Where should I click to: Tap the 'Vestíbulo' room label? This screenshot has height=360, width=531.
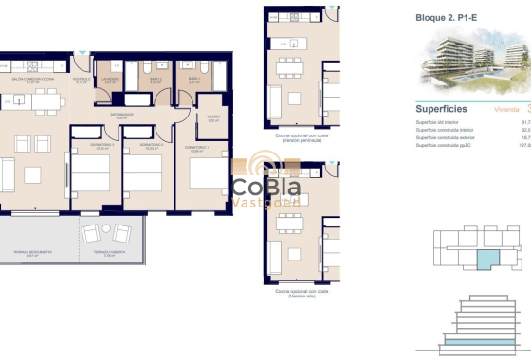tap(82, 80)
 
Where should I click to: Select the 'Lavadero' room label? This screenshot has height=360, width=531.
tap(111, 80)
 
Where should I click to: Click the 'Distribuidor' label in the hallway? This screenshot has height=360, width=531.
tap(119, 116)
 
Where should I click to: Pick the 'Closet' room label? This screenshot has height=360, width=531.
tap(214, 118)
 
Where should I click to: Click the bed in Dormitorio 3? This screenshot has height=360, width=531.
tap(93, 174)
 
